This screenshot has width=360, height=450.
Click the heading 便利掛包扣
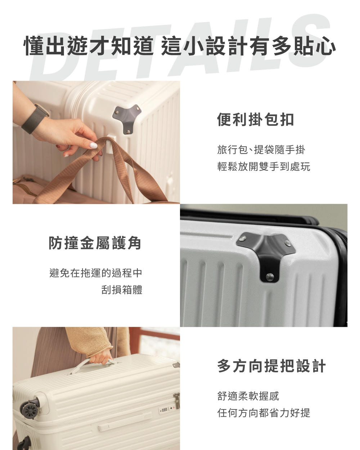[x=255, y=120]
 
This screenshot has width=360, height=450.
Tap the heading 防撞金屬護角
[x=95, y=243]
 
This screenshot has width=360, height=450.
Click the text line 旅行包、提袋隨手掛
[x=261, y=150]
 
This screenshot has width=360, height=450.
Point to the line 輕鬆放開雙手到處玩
[x=264, y=166]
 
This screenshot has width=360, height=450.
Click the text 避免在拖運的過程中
[x=96, y=273]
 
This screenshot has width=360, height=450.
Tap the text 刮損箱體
[x=122, y=290]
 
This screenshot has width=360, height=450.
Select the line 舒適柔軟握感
[x=248, y=396]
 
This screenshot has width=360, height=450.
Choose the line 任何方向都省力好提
[x=264, y=413]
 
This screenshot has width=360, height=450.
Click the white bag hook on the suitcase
[x=111, y=144]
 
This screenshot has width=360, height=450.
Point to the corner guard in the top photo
[x=127, y=118]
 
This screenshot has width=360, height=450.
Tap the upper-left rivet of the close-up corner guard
[x=243, y=238]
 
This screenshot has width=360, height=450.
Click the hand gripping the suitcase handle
[x=100, y=358]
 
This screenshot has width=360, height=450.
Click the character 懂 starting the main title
[x=35, y=46]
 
